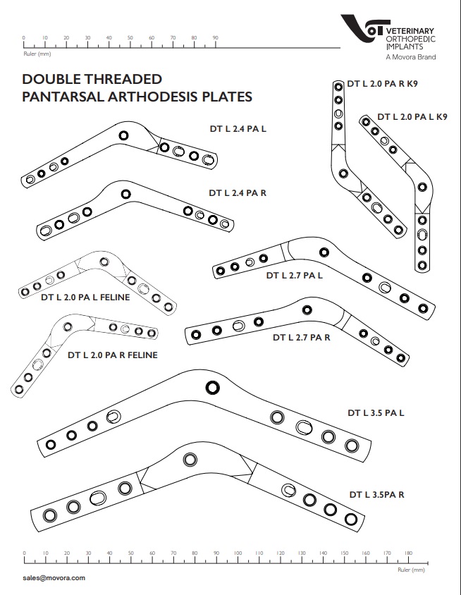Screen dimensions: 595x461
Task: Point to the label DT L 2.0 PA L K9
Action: coord(412,116)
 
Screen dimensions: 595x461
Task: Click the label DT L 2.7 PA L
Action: coord(294,276)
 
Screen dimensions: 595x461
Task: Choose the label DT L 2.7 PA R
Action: coord(302,338)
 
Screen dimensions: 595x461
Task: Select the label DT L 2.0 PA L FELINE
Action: coord(85,297)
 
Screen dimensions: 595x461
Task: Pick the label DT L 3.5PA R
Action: coord(376,494)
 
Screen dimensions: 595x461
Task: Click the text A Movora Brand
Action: coord(410,56)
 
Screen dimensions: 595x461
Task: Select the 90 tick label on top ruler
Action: coord(215,37)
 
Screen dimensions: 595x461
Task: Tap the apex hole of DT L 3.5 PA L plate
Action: coord(211,386)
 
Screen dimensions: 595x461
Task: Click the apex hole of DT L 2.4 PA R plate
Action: coord(125,193)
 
